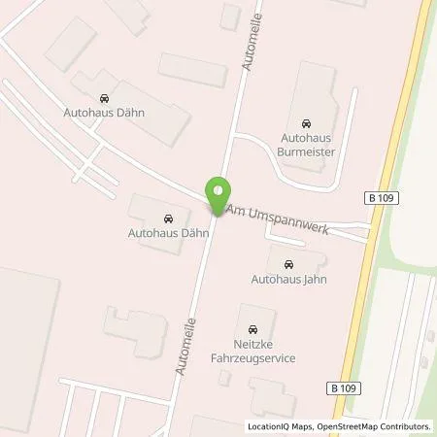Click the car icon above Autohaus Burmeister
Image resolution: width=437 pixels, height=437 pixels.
306,124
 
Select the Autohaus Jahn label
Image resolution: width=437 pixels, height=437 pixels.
289,280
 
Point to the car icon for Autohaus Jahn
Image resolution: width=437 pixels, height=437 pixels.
289,264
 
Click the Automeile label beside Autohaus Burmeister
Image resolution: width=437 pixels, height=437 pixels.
250,47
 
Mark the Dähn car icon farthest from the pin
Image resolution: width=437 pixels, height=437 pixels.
104,97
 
